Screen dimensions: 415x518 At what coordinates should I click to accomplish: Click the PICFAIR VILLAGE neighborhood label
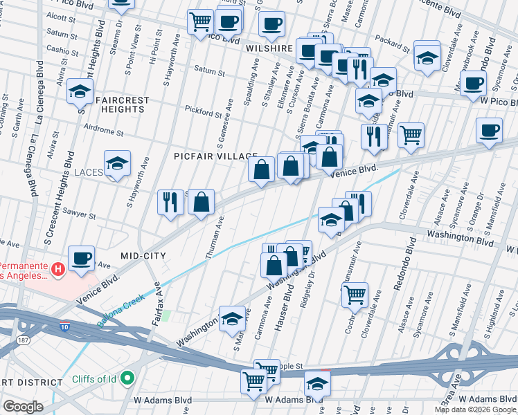pyautogui.click(x=215, y=157)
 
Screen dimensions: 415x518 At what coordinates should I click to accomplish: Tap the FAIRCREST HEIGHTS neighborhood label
pyautogui.click(x=123, y=104)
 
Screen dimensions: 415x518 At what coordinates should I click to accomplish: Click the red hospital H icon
pyautogui.click(x=59, y=268)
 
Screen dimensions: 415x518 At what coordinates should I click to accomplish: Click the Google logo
pyautogui.click(x=24, y=406)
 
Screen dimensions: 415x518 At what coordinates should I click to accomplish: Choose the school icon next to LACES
pyautogui.click(x=117, y=164)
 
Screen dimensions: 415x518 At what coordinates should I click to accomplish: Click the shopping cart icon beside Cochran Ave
pyautogui.click(x=354, y=295)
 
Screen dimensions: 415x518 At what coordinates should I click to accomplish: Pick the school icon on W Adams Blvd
pyautogui.click(x=317, y=385)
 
